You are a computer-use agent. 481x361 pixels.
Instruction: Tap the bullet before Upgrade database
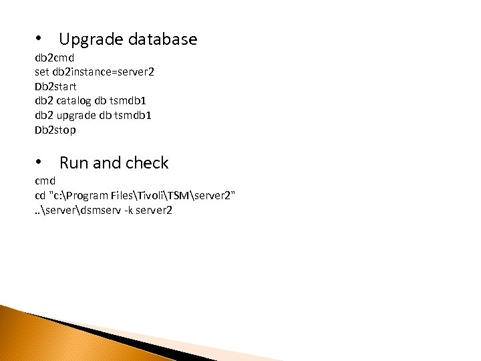41,38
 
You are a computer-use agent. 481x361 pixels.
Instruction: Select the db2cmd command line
54,58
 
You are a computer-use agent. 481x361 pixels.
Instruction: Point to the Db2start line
55,87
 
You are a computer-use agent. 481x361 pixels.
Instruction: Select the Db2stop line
55,130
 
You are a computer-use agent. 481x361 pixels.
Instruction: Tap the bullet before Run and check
41,161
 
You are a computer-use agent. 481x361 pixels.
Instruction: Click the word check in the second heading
148,162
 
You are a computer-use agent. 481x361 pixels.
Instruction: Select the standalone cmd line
45,181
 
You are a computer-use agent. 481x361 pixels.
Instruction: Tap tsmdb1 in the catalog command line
132,101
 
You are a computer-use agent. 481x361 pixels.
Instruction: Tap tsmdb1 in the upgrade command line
135,115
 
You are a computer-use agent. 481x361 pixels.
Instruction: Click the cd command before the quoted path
40,195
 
